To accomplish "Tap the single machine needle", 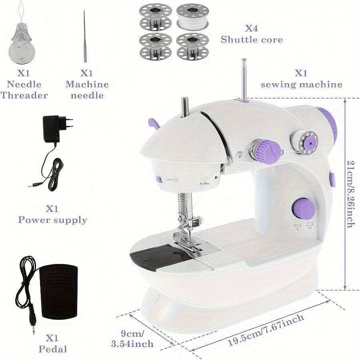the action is (x=85, y=36).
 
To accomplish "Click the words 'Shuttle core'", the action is (x=252, y=40).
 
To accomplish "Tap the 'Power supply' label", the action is (x=52, y=220).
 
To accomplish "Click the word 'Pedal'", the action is (x=53, y=349).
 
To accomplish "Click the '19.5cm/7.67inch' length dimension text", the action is (x=266, y=330).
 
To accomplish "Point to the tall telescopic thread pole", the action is (x=244, y=80).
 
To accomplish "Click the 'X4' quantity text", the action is (x=252, y=28).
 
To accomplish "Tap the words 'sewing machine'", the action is (x=302, y=85).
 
